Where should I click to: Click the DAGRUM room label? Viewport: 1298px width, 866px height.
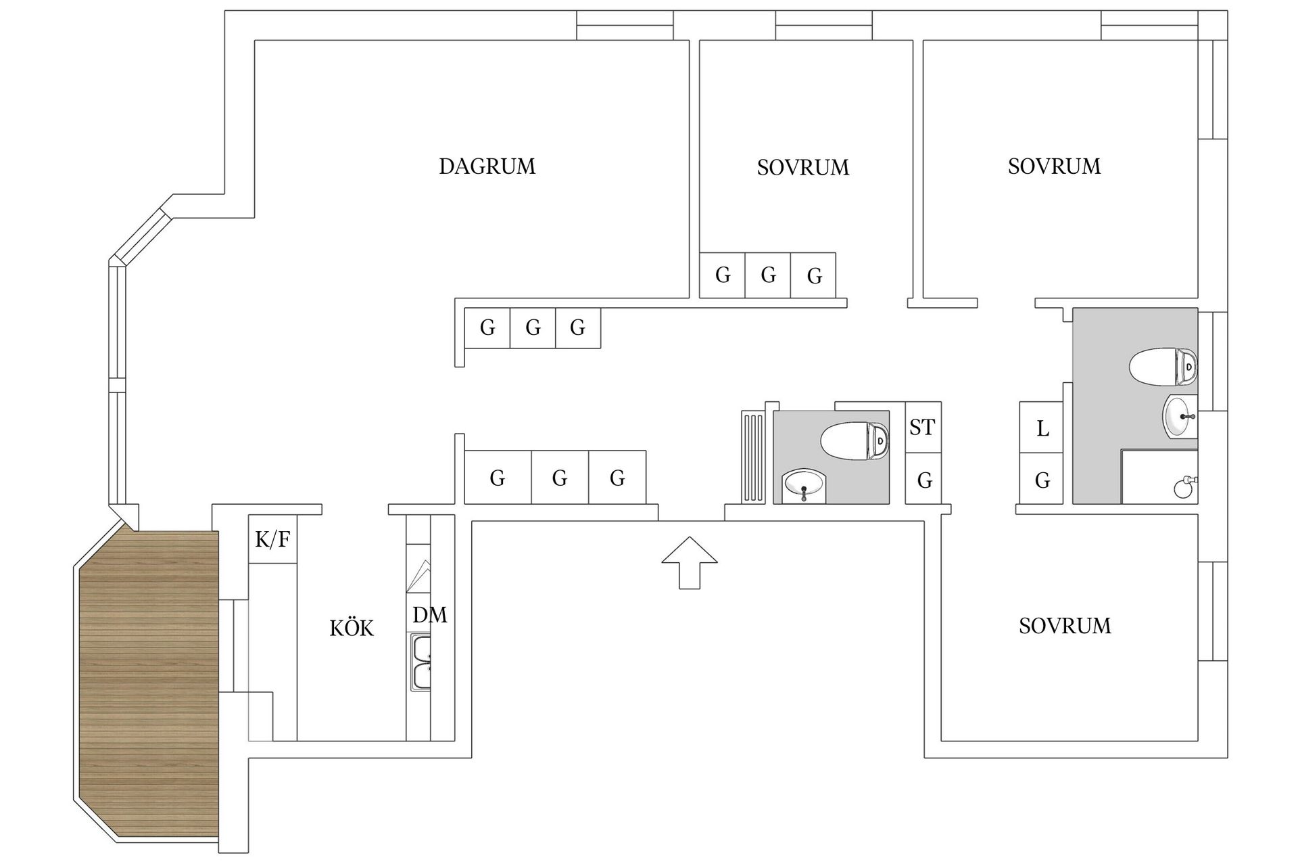pos(487,166)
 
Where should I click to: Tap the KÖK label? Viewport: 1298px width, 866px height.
pos(352,628)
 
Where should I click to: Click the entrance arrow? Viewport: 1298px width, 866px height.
pos(689,562)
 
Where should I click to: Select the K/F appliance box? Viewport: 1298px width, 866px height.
pos(272,539)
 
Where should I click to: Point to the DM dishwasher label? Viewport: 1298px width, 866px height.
pos(429,615)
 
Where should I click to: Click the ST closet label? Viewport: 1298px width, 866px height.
pos(922,428)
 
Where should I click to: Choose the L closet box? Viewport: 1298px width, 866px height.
pos(1042,428)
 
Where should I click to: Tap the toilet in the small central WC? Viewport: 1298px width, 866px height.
pos(854,440)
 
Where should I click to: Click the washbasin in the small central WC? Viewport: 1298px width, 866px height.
pos(804,486)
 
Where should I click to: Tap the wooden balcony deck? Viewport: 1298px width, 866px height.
pos(149,683)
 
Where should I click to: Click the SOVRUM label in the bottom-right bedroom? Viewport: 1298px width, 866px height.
pos(1065,626)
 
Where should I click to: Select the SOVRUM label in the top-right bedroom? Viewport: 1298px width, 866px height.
pos(1054,166)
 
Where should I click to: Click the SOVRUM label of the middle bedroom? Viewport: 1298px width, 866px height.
pos(802,168)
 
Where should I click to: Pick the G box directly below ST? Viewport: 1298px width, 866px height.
pos(924,480)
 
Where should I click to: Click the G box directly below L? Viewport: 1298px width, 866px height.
pos(1042,480)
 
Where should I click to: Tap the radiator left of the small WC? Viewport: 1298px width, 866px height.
pos(753,457)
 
